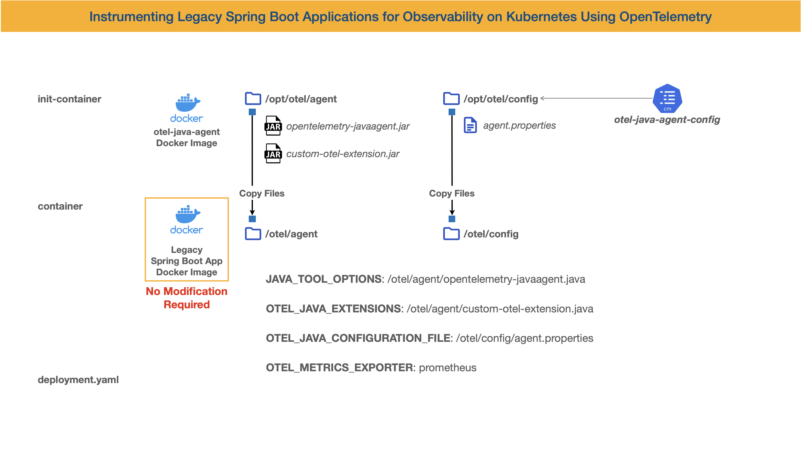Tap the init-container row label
click(x=69, y=99)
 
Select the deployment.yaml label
click(x=78, y=380)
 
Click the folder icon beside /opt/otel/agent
click(x=253, y=99)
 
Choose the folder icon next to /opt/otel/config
click(x=451, y=99)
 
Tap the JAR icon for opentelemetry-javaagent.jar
click(x=273, y=126)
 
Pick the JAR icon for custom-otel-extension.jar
click(x=273, y=154)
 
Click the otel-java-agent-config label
click(x=667, y=120)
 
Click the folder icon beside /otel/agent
click(x=253, y=234)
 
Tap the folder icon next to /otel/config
click(x=451, y=234)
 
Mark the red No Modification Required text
click(x=187, y=298)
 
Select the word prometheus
click(x=447, y=368)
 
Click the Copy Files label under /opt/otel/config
click(x=451, y=193)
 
